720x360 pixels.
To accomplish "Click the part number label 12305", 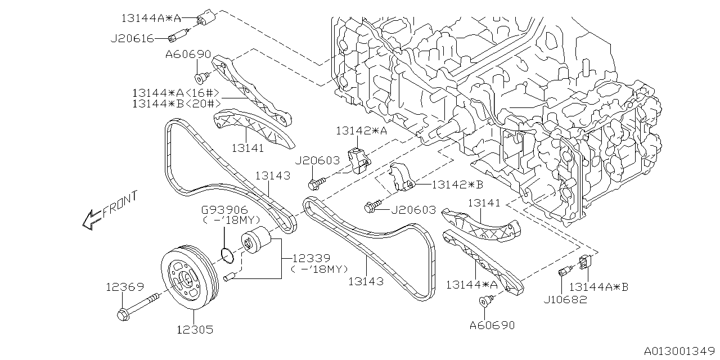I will (195, 330).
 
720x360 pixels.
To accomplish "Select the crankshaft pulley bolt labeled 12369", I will (143, 304).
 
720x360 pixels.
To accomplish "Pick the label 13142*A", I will (362, 130).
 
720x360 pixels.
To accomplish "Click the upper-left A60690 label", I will (188, 55).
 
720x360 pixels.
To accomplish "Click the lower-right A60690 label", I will (492, 325).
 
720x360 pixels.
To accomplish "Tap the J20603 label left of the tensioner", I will (317, 160).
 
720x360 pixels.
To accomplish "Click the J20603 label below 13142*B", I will (413, 210).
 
